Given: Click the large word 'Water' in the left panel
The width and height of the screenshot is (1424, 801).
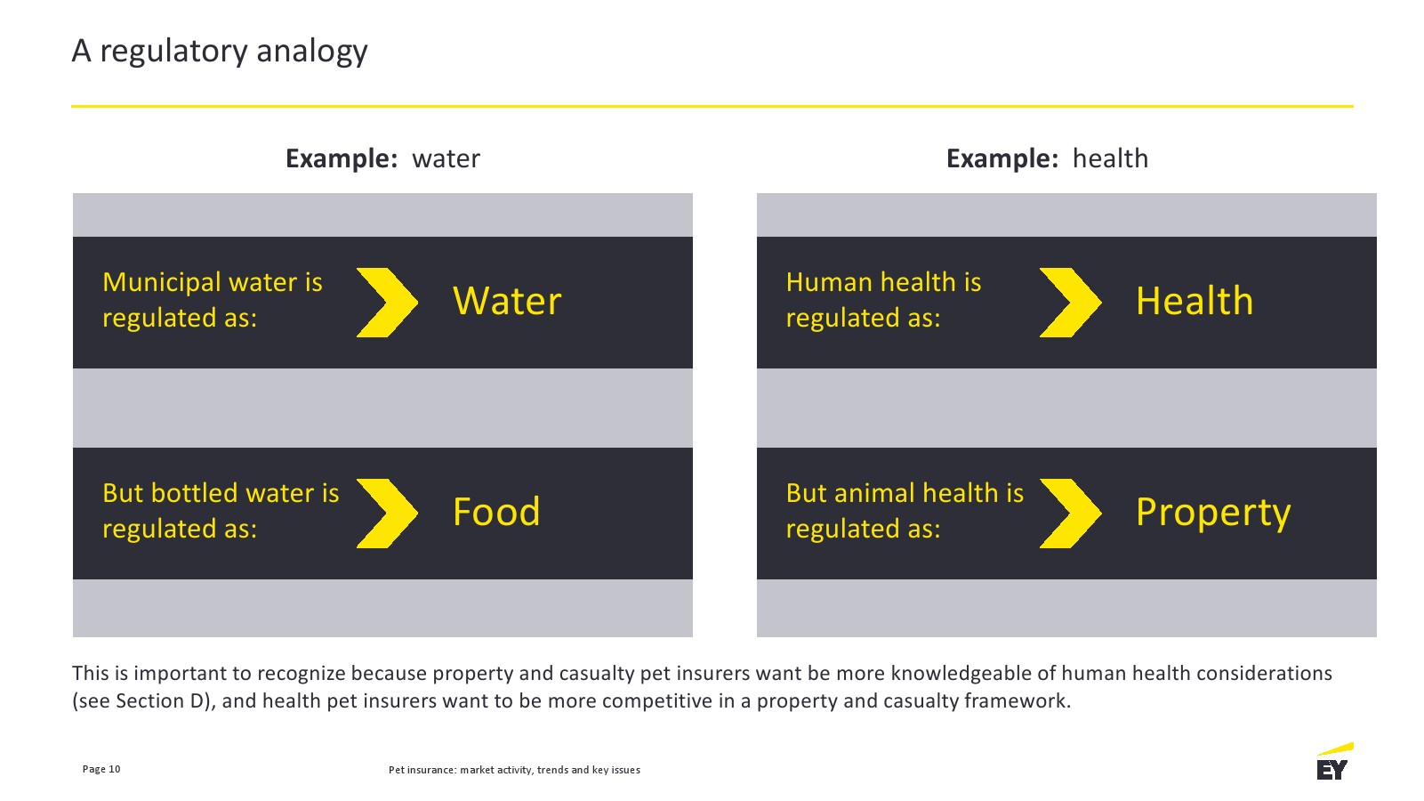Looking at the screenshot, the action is pos(507,301).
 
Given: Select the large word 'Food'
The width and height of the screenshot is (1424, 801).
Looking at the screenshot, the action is pos(496,512).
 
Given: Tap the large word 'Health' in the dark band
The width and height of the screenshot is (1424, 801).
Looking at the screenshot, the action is pos(1195,300).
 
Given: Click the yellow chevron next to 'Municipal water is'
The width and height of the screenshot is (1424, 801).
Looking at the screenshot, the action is pos(387,303).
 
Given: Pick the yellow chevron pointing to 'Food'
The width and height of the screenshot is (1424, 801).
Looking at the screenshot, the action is pos(387,514).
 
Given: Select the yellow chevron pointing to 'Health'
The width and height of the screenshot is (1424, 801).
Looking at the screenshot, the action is pos(1071,303).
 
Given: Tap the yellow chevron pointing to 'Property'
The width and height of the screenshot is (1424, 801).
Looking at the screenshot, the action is pos(1071,514).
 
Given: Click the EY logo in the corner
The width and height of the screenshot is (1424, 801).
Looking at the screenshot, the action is pos(1334,762).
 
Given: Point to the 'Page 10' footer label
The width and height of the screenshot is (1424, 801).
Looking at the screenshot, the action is pos(101,769).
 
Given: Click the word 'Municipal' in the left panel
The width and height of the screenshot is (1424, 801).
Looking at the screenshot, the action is pos(162,283).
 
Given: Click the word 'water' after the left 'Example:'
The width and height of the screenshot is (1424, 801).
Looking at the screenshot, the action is pos(446,159).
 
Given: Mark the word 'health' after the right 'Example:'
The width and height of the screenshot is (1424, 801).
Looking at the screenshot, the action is pos(1111,158).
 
